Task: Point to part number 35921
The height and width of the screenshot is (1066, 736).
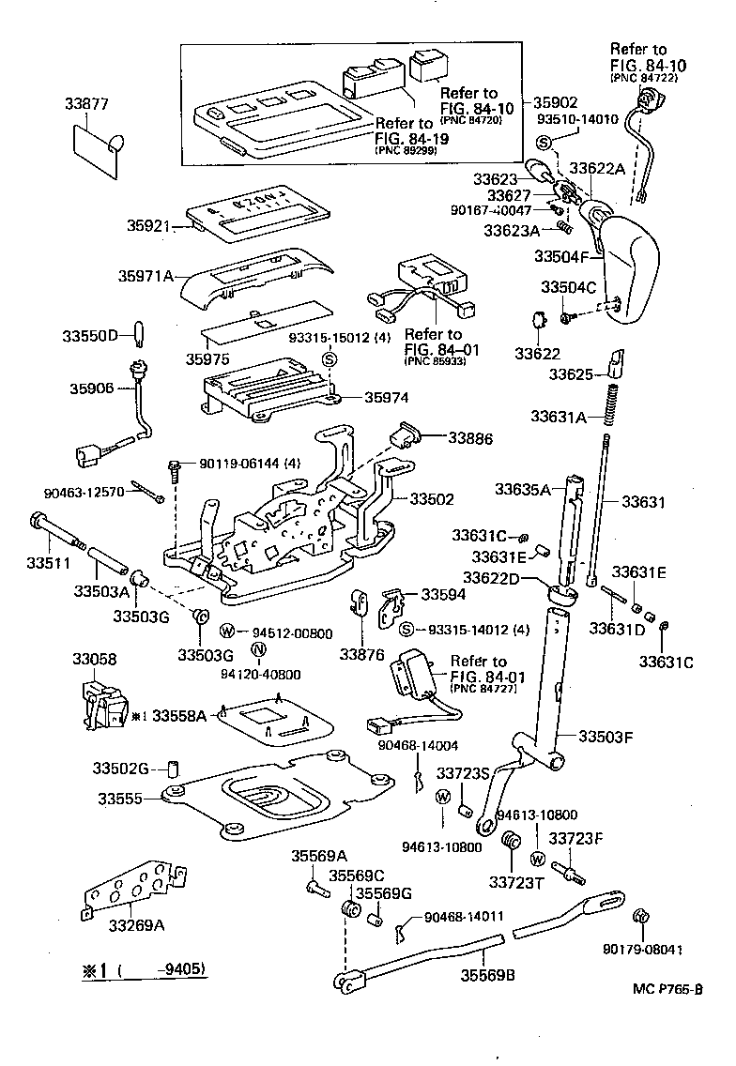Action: pos(150,225)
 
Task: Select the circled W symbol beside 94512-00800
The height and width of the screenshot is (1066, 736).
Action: pos(227,632)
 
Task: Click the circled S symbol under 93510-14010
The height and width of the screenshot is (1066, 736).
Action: pos(544,141)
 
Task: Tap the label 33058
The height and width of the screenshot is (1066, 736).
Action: pos(95,660)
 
